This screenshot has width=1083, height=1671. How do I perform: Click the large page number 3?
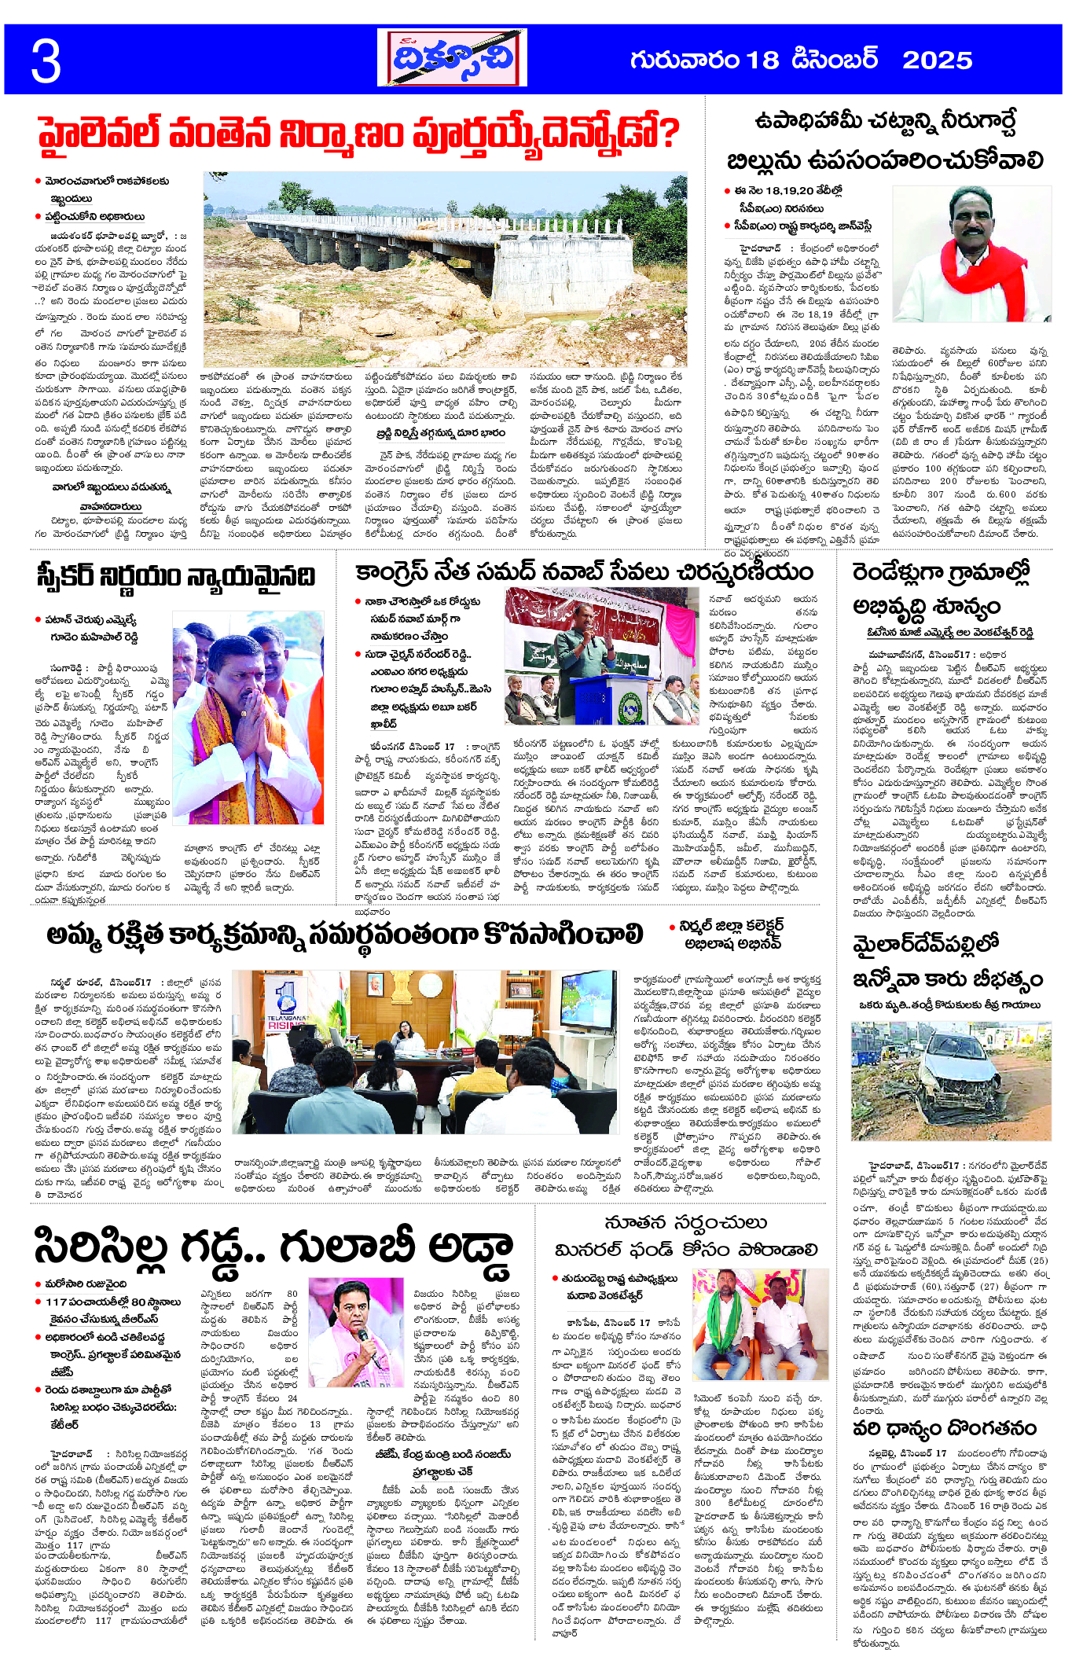46,61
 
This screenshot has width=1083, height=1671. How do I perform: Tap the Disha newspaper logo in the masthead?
452,58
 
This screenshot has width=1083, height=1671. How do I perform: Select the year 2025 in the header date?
937,61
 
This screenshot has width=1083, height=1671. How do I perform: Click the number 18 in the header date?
762,61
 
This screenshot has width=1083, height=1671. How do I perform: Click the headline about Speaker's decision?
174,576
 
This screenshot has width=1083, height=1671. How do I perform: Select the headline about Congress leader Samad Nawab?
583,573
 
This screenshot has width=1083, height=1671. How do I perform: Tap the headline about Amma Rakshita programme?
344,935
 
